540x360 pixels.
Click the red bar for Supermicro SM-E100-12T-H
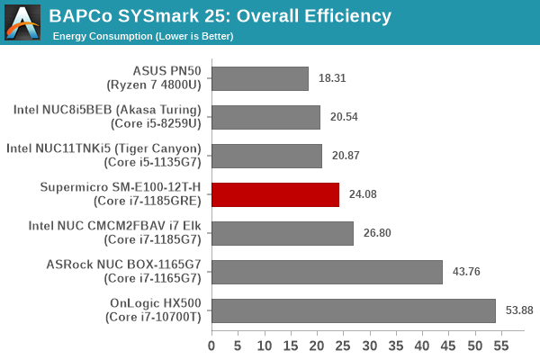(275, 194)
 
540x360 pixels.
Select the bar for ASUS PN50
(260, 78)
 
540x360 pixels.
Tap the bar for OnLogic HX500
(354, 310)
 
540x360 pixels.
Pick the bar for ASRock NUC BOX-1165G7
(327, 272)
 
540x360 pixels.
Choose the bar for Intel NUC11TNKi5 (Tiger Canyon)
(266, 156)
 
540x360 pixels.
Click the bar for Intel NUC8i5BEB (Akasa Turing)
(265, 117)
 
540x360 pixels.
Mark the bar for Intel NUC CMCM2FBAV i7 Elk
(283, 233)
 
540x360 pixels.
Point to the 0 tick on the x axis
(211, 345)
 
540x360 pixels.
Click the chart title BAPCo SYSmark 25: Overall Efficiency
(220, 15)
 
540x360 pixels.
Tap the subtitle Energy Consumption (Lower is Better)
(143, 36)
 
